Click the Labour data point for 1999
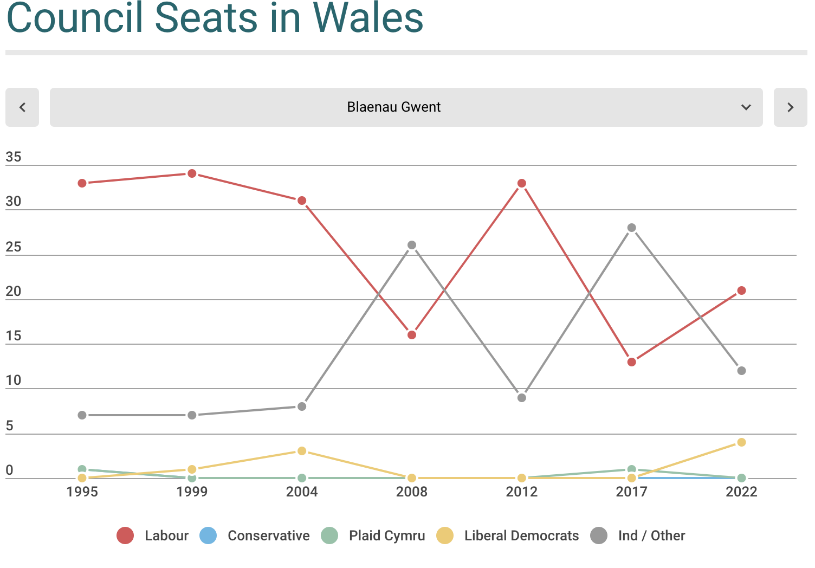pos(192,173)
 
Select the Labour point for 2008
pos(412,335)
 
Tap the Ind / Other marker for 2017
pos(631,228)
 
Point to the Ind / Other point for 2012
pos(522,398)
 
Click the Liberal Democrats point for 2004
pos(302,451)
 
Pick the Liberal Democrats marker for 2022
pos(741,442)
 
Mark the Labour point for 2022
pos(741,291)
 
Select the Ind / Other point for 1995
pos(82,415)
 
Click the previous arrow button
pos(22,107)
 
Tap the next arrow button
pos(790,107)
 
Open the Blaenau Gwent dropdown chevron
pos(746,107)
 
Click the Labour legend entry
pos(153,535)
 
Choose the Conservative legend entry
pos(255,535)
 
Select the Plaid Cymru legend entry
pos(373,535)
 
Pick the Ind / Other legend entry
pos(638,535)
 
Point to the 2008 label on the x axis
pos(412,492)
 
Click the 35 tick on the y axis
pos(14,157)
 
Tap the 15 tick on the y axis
pos(14,336)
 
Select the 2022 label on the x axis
pos(741,492)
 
